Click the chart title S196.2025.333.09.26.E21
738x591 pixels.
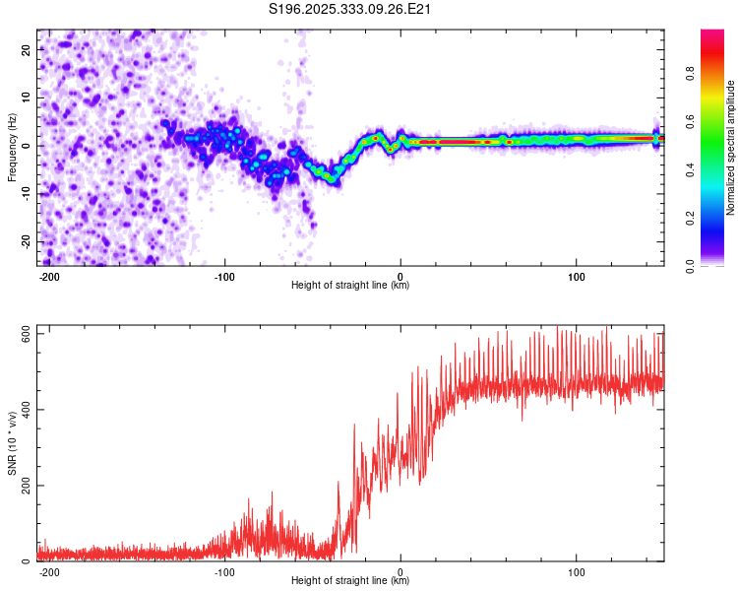[x=351, y=9]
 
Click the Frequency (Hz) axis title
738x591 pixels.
[x=12, y=148]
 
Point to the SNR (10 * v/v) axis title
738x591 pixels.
[x=12, y=444]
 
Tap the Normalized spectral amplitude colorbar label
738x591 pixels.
[x=731, y=148]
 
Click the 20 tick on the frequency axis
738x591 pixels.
[x=26, y=49]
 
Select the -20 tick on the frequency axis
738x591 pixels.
[x=24, y=242]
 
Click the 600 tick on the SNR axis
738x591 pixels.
[x=22, y=334]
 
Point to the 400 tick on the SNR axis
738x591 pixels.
[x=22, y=410]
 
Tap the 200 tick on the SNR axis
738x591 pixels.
[x=22, y=486]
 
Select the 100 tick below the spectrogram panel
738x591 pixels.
[x=576, y=275]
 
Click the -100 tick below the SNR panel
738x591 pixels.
[x=224, y=571]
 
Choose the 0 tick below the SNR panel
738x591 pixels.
[x=400, y=571]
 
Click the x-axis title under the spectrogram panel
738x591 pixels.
[x=350, y=286]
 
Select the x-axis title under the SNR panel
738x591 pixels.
[x=350, y=581]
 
